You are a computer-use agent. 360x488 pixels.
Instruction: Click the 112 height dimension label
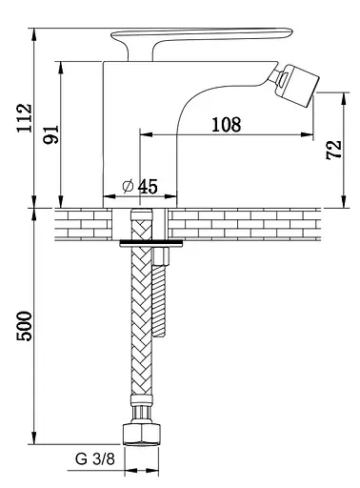tap(25, 118)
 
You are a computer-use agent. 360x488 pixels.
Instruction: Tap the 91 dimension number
tap(51, 134)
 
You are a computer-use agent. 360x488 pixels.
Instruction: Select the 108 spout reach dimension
tap(227, 124)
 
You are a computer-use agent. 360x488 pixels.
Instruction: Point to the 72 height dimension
tap(333, 150)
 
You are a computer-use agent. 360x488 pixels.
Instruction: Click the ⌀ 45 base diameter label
tap(140, 186)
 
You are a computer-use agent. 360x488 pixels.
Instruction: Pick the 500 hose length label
tap(25, 326)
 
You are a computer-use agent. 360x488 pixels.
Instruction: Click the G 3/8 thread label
tap(95, 458)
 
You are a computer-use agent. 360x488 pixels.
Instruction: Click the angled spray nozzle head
tap(300, 85)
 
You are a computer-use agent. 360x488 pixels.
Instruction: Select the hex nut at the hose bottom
tap(141, 434)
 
